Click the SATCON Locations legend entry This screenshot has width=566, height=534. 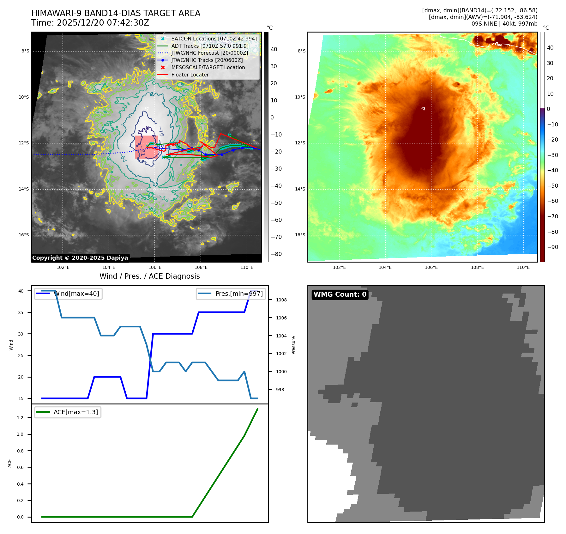click(x=214, y=39)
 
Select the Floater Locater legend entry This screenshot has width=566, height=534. click(x=190, y=75)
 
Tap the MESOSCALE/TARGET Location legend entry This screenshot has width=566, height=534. click(x=208, y=68)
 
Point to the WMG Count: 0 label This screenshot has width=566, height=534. click(x=340, y=294)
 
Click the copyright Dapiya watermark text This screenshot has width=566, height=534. click(x=80, y=258)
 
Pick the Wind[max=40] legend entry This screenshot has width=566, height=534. click(x=76, y=294)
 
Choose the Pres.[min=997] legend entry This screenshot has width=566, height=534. click(x=239, y=294)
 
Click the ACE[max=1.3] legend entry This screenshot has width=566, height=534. click(x=75, y=412)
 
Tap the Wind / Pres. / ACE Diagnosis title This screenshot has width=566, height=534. click(x=149, y=276)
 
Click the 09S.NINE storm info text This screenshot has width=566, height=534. click(x=504, y=24)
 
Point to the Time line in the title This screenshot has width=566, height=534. click(x=90, y=23)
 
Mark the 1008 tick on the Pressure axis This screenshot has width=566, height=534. click(x=281, y=300)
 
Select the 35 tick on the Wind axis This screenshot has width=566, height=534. click(x=21, y=313)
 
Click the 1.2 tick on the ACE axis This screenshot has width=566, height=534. click(x=20, y=418)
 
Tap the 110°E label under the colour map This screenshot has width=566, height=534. click(x=523, y=268)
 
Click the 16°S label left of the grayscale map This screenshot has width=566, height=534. click(x=24, y=235)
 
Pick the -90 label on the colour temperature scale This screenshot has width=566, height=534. click(x=552, y=247)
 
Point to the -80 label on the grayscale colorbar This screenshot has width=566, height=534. click(x=276, y=254)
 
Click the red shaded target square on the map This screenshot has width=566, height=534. click(x=146, y=147)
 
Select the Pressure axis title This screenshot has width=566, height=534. click(x=293, y=345)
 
